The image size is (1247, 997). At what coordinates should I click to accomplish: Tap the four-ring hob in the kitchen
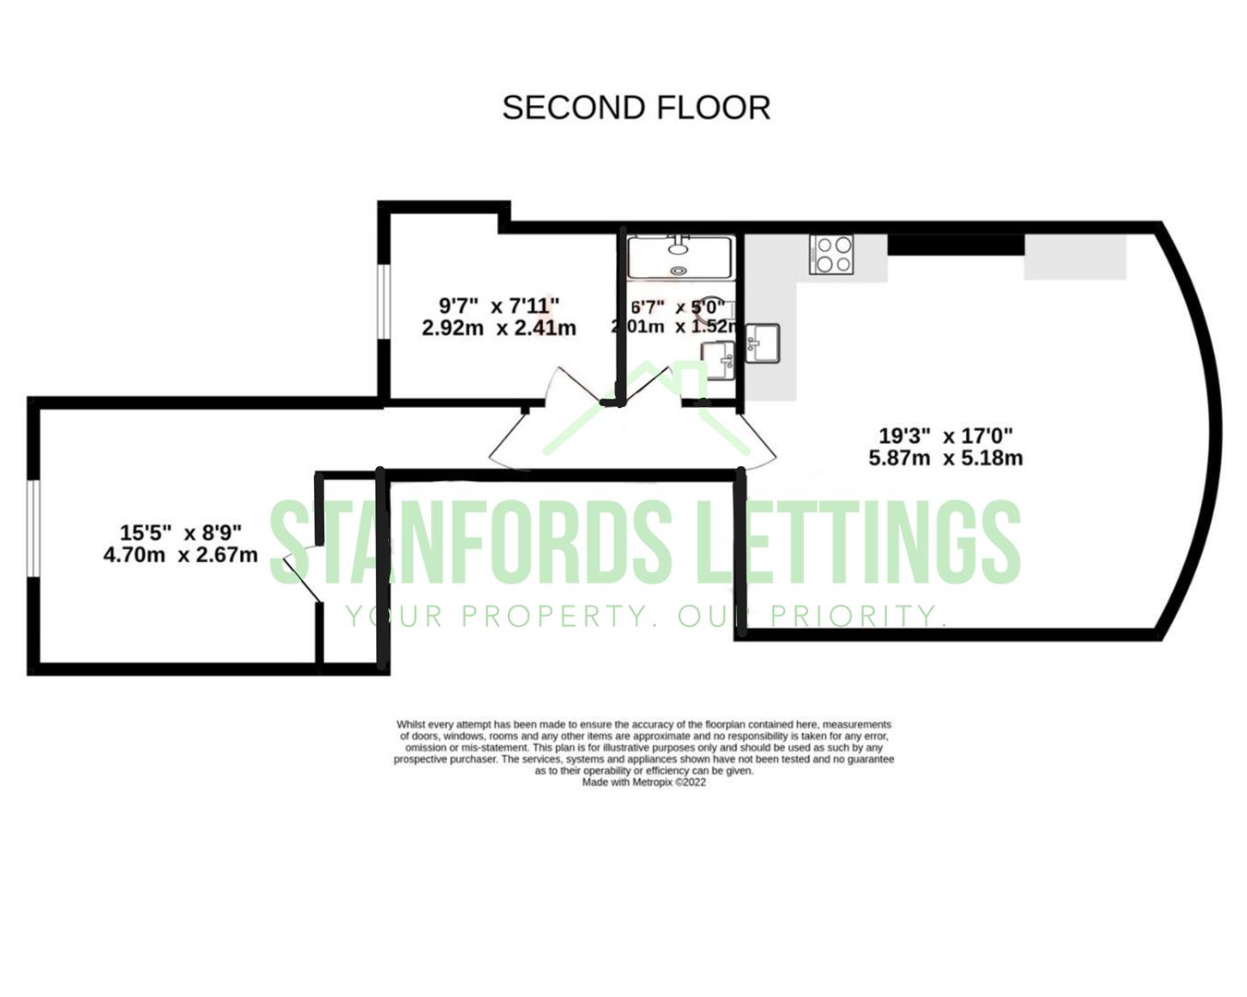[x=831, y=255]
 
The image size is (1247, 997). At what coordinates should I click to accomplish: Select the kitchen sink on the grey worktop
[x=762, y=343]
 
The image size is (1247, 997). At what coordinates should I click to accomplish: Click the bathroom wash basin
[x=719, y=355]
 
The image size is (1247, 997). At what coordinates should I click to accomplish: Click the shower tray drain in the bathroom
[x=680, y=270]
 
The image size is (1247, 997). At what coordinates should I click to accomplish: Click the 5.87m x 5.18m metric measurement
[x=945, y=458]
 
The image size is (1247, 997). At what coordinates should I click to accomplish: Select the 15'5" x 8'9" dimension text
[x=180, y=533]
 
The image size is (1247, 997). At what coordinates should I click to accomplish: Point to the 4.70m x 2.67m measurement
[x=180, y=556]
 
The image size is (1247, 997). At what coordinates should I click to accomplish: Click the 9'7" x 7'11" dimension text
[x=499, y=305]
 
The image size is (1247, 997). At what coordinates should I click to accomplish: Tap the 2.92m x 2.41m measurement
[x=499, y=328]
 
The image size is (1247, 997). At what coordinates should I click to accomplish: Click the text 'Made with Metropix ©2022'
[x=644, y=782]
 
